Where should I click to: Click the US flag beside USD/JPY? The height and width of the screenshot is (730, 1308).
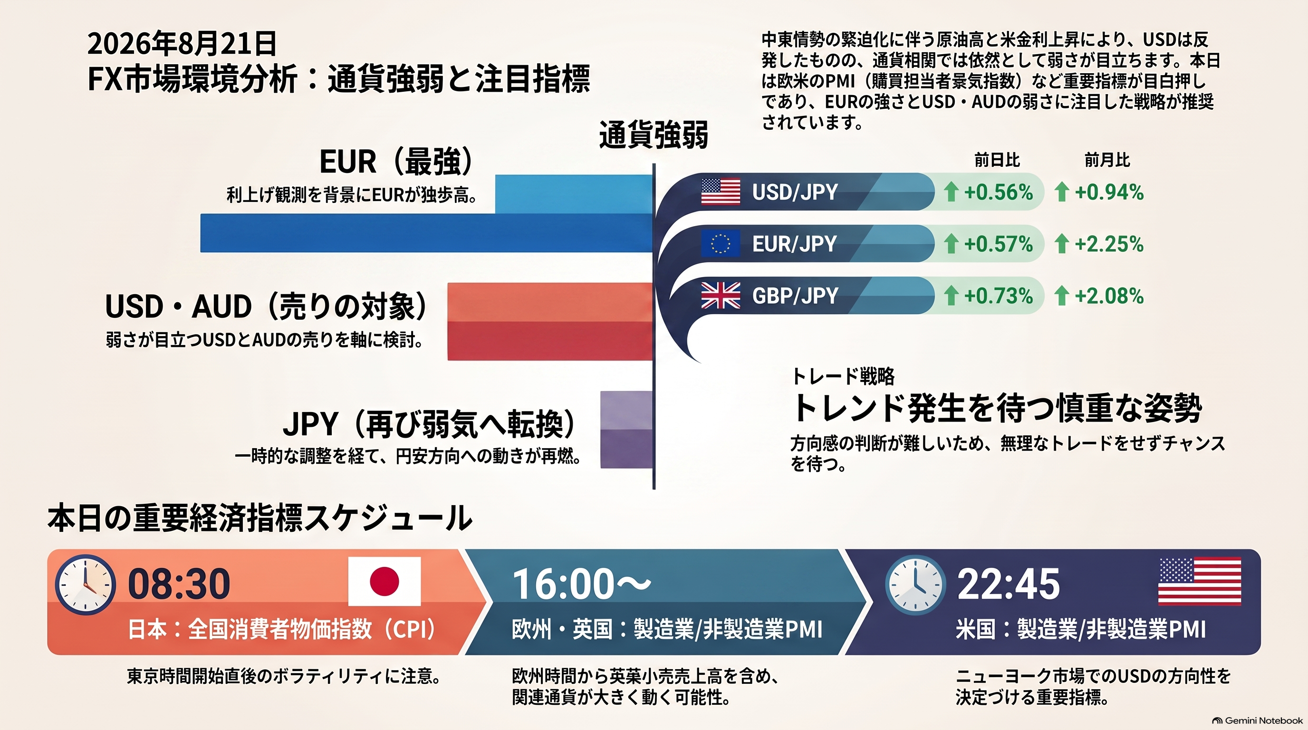(x=721, y=192)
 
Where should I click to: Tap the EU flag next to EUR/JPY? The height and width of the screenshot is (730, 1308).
(x=721, y=244)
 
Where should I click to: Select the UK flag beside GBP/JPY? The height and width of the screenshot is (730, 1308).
(x=721, y=296)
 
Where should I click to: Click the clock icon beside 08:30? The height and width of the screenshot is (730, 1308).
(x=85, y=584)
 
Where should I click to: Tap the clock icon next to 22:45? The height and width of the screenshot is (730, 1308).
(x=915, y=584)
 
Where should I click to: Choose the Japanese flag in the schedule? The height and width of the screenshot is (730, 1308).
(x=385, y=581)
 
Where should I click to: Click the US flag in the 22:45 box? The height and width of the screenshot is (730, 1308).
(x=1199, y=581)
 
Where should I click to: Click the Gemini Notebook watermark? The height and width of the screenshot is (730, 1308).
(x=1257, y=720)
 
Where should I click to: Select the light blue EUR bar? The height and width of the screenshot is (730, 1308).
(x=574, y=194)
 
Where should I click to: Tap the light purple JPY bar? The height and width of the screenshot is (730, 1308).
(x=626, y=410)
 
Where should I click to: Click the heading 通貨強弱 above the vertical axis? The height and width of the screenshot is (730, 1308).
(x=654, y=135)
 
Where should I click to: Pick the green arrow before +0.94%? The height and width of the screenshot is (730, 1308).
(x=1062, y=192)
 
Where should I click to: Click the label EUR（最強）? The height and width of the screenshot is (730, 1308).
(x=396, y=162)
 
